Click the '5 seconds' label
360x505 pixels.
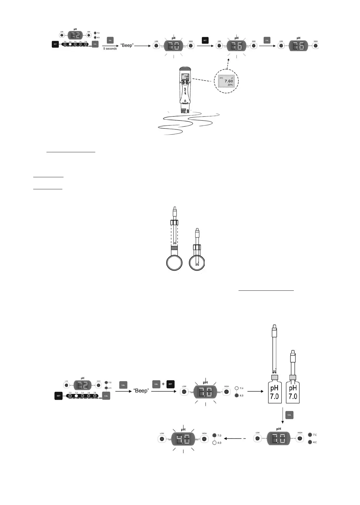tap(110, 49)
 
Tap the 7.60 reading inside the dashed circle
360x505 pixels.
tap(229, 81)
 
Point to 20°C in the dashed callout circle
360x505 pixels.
tap(230, 85)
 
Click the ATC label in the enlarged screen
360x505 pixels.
tap(221, 78)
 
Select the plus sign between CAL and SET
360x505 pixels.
tap(163, 384)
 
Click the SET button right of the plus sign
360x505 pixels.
tap(170, 384)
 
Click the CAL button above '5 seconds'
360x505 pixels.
tap(110, 40)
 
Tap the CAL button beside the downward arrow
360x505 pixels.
tap(289, 415)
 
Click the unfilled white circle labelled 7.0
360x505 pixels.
tap(237, 388)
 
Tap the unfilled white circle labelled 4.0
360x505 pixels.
tap(214, 443)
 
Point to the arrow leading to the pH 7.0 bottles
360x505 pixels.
tap(256, 391)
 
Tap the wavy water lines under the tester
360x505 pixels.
tap(188, 123)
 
